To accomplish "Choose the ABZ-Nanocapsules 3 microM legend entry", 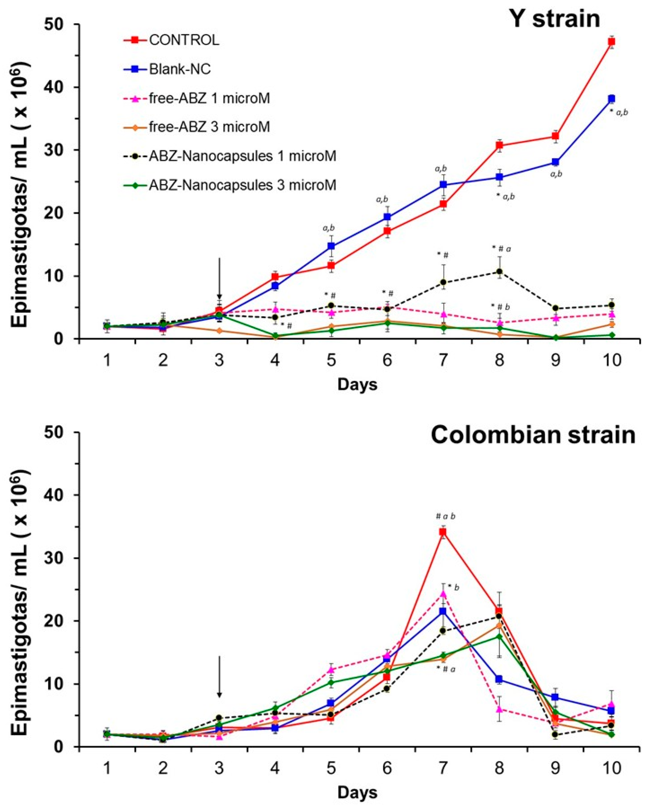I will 242,185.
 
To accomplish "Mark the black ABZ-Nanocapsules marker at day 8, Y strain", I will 499,271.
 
